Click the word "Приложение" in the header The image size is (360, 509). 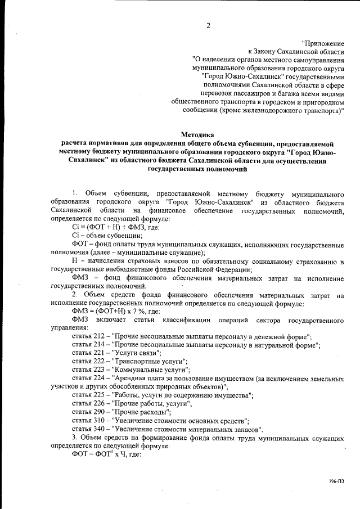coord(323,43)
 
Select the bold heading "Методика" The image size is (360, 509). coord(197,134)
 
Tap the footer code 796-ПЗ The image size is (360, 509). coord(336,481)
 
